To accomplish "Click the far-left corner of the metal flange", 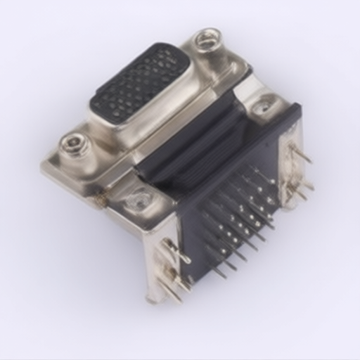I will pos(46,166).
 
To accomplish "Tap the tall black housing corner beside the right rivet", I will pos(292,116).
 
